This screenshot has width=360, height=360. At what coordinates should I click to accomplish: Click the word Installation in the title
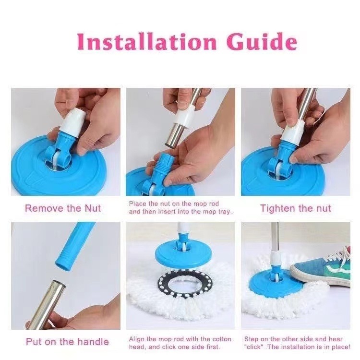click(x=147, y=42)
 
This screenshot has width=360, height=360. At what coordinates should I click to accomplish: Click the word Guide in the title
click(x=262, y=42)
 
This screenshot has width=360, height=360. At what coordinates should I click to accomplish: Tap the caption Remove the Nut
click(x=63, y=208)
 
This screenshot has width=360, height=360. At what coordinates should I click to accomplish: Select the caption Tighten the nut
click(x=296, y=208)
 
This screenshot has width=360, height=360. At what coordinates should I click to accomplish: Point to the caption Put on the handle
click(x=67, y=342)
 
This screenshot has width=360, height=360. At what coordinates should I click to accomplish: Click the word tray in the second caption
click(x=224, y=212)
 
